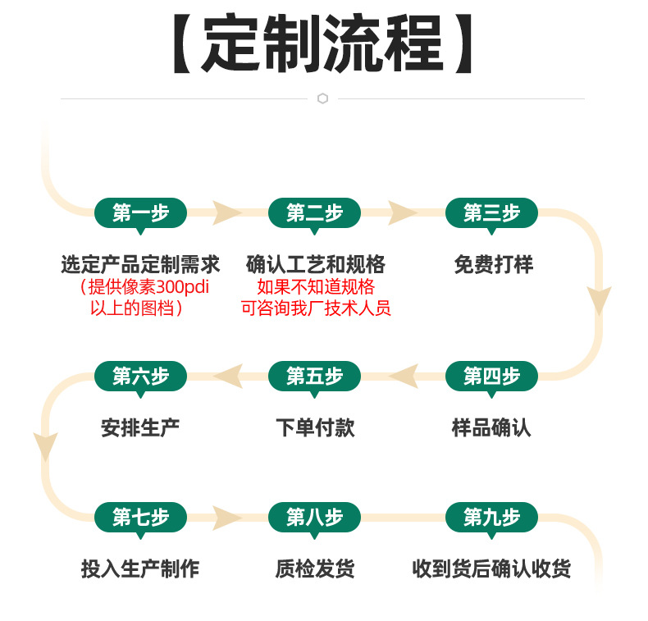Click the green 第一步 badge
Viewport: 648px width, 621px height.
pyautogui.click(x=140, y=213)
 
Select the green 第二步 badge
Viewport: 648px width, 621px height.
pyautogui.click(x=314, y=213)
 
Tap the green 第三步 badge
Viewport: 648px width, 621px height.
pyautogui.click(x=491, y=213)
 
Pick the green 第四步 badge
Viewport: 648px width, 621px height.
pyautogui.click(x=491, y=376)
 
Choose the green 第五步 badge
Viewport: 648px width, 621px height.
pyautogui.click(x=314, y=376)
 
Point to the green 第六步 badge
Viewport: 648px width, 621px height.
pyautogui.click(x=140, y=376)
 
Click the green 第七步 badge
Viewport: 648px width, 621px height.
pyautogui.click(x=140, y=517)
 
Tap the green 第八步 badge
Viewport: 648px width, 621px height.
pyautogui.click(x=314, y=517)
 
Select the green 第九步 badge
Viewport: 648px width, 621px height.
pyautogui.click(x=491, y=517)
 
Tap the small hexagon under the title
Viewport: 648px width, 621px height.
pyautogui.click(x=322, y=98)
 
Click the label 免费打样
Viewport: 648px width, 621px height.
pyautogui.click(x=493, y=265)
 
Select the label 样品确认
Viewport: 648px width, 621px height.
pyautogui.click(x=491, y=427)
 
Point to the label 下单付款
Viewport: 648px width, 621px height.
pyautogui.click(x=315, y=427)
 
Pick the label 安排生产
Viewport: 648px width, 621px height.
pyautogui.click(x=140, y=427)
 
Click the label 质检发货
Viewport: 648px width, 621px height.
pyautogui.click(x=315, y=568)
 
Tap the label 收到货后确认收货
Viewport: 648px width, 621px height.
pyautogui.click(x=491, y=568)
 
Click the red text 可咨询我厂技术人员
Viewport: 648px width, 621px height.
pyautogui.click(x=316, y=308)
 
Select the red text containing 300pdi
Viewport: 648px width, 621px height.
pyautogui.click(x=140, y=287)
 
